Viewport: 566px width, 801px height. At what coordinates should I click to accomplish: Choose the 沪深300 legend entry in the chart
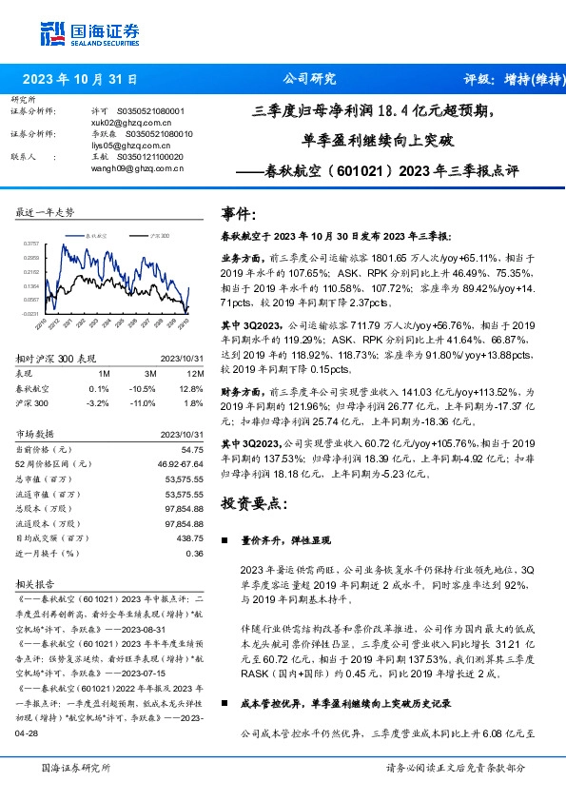click(x=160, y=232)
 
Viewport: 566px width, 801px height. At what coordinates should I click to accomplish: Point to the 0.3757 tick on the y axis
click(x=30, y=244)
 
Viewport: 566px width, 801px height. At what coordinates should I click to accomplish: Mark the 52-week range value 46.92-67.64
click(x=181, y=463)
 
